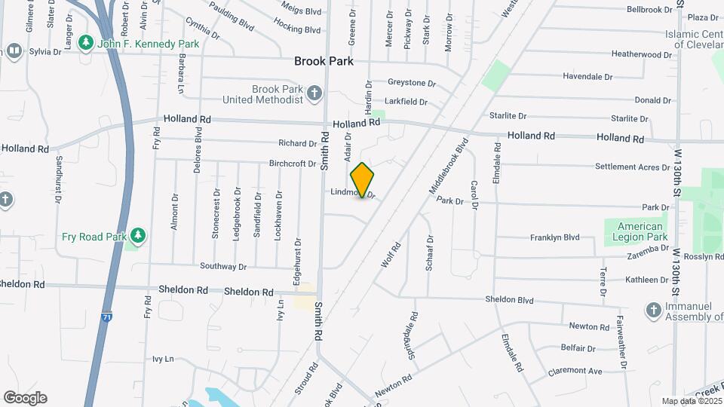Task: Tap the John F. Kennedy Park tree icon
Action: [x=87, y=43]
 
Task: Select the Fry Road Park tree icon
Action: [x=137, y=236]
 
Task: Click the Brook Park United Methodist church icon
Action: [x=314, y=93]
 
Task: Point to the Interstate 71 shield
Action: [x=108, y=318]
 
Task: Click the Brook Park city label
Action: [x=324, y=61]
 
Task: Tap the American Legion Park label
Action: [x=640, y=231]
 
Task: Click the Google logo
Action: [x=25, y=398]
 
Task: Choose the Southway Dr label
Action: [x=223, y=266]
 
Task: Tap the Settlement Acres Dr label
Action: [x=632, y=167]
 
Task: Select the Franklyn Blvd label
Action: [x=554, y=237]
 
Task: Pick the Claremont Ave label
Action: [x=575, y=371]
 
